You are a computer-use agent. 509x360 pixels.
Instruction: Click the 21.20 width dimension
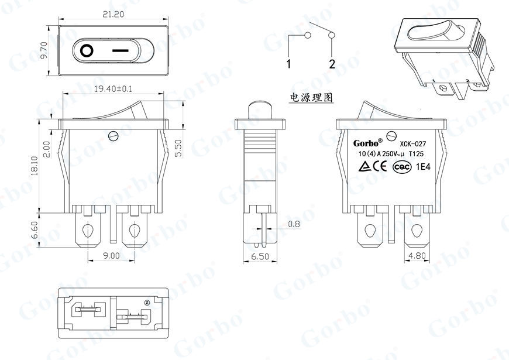click(115, 16)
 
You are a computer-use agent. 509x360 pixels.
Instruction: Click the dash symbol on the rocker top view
click(120, 50)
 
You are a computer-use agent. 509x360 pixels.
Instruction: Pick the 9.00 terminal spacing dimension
click(111, 256)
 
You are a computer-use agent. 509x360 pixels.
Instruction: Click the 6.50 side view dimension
click(259, 257)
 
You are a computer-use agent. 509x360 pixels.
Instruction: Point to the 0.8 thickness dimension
click(294, 224)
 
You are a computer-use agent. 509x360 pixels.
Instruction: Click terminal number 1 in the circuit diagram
click(289, 64)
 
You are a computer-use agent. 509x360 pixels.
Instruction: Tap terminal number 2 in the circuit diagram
click(332, 64)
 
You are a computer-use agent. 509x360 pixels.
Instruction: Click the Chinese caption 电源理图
click(311, 97)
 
